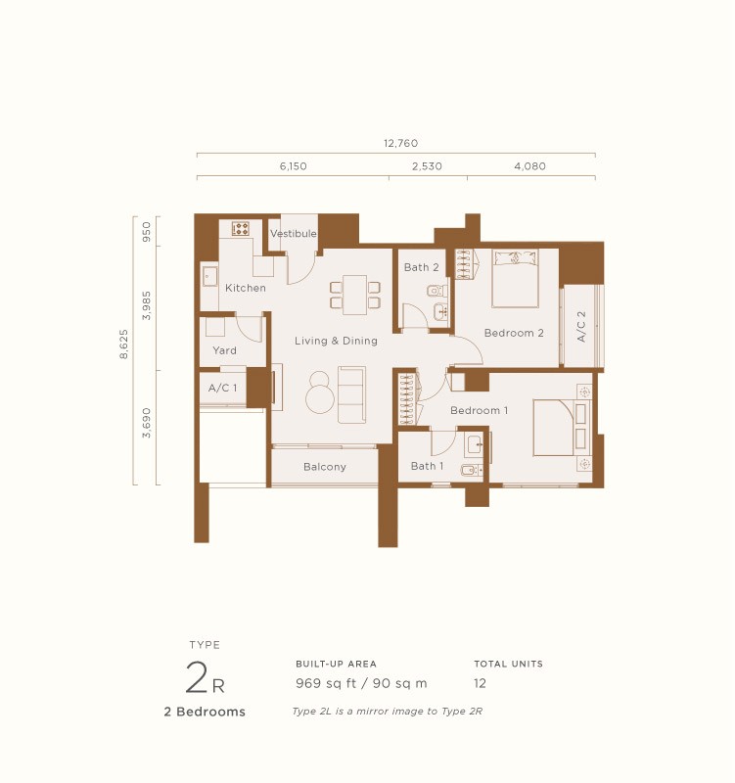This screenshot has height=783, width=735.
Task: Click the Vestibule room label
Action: [x=294, y=234]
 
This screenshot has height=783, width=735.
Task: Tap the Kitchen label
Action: [x=245, y=288]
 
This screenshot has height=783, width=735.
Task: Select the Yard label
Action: [x=224, y=350]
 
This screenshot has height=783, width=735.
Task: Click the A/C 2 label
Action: [x=581, y=327]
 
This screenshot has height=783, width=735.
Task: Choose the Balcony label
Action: [x=324, y=467]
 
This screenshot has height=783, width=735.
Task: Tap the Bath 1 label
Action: [x=427, y=466]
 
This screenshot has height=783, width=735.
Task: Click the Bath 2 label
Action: [x=422, y=267]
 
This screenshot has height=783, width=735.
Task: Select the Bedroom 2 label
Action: [x=514, y=333]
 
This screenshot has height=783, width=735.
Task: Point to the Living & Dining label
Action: [x=336, y=341]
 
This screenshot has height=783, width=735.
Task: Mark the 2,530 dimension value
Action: [x=427, y=166]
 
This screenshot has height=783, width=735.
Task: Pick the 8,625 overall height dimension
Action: [x=123, y=345]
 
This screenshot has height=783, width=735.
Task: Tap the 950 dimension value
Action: [x=147, y=231]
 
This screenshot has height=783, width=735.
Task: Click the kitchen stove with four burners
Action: [x=241, y=229]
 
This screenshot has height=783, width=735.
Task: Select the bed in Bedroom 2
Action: [x=515, y=278]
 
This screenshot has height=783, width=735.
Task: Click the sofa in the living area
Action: [x=351, y=394]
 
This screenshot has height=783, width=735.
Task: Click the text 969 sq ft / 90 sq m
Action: [x=361, y=683]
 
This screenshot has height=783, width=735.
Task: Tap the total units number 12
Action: [x=480, y=683]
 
